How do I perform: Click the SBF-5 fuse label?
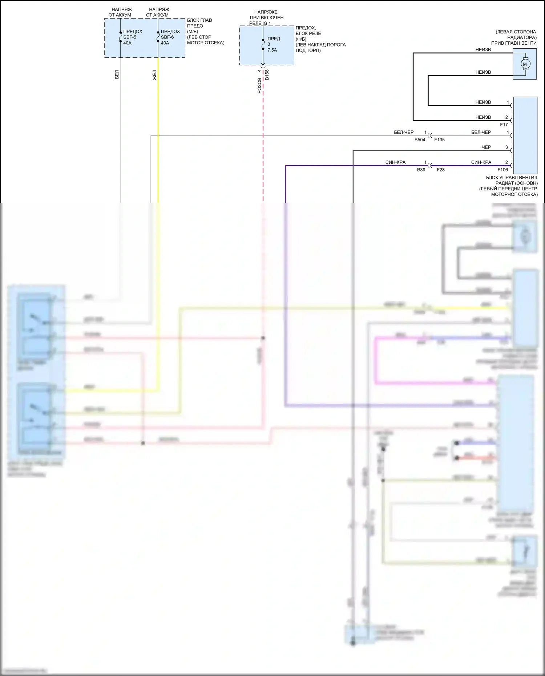(x=129, y=37)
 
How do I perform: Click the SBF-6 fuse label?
(x=167, y=37)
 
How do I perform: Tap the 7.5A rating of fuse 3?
(x=272, y=50)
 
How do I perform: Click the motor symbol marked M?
(x=524, y=64)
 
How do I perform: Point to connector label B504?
(x=420, y=140)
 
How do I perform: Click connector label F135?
(x=439, y=140)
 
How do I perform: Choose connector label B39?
(x=421, y=170)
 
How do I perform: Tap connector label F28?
(x=440, y=170)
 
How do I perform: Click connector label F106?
(x=502, y=170)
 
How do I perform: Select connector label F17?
(x=504, y=125)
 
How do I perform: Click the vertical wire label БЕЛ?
(x=117, y=75)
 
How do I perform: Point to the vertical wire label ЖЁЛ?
(x=154, y=75)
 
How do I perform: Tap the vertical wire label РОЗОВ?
(x=259, y=86)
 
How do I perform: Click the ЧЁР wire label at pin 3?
(x=486, y=147)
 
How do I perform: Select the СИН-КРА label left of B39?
(x=395, y=162)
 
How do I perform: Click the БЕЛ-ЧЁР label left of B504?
(x=404, y=132)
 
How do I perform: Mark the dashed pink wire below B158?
(x=263, y=145)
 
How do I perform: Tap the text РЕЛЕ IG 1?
(x=260, y=23)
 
